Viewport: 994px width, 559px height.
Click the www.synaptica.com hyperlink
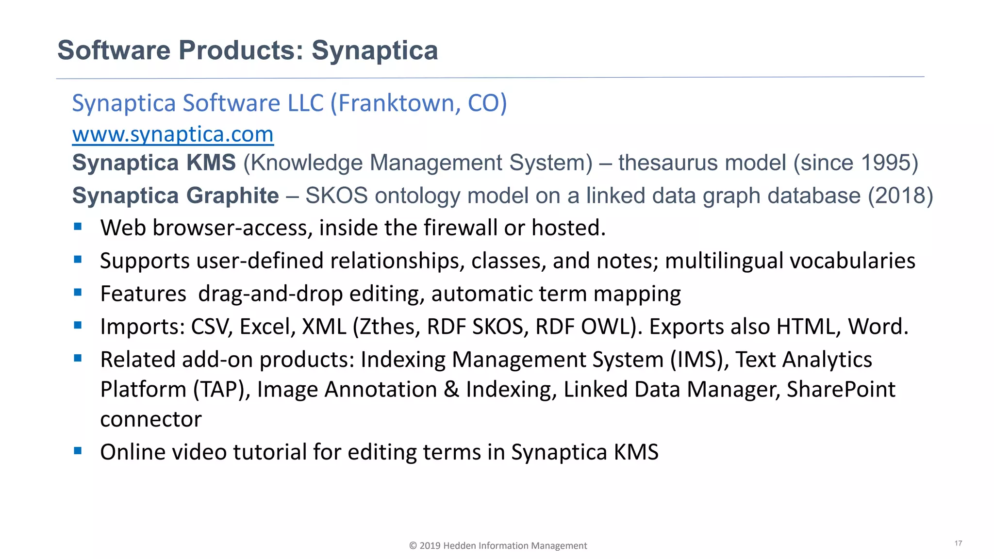pos(173,135)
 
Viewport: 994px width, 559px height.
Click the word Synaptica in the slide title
pos(374,50)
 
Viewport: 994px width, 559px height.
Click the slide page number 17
pos(958,543)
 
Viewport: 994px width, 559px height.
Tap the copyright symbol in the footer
pos(413,546)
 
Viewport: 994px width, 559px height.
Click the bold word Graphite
pos(232,196)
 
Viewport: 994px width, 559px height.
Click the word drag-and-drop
pos(270,294)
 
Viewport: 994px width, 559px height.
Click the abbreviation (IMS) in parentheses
pos(699,360)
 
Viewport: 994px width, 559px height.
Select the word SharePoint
pos(841,390)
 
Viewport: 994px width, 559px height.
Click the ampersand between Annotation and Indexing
pos(451,390)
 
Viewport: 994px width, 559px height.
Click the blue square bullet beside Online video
pos(78,451)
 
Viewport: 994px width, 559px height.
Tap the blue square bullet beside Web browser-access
pos(78,227)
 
